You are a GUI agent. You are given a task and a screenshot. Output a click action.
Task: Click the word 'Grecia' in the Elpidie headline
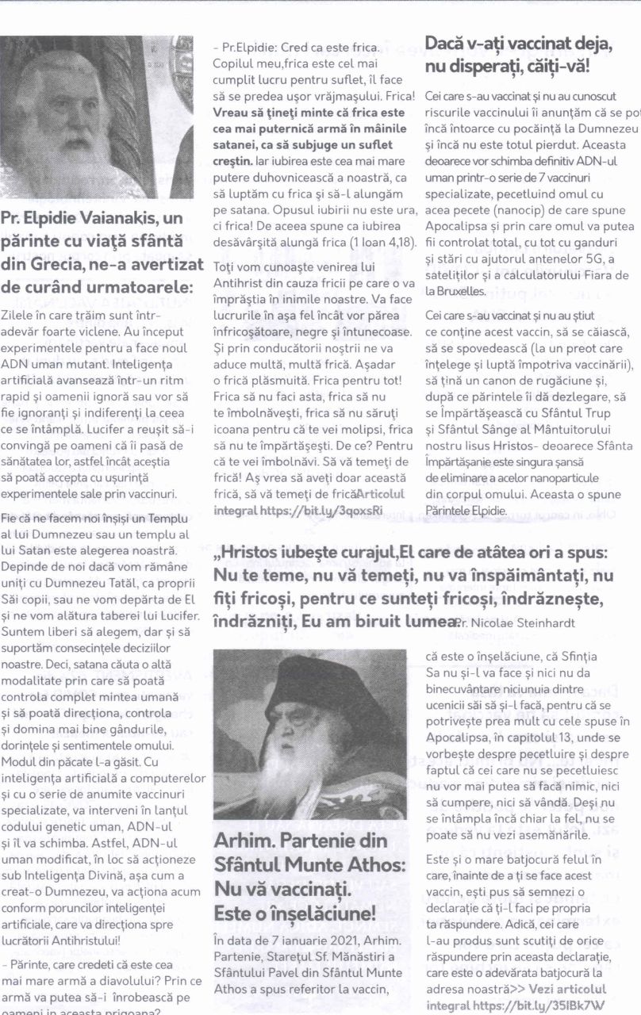point(63,265)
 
